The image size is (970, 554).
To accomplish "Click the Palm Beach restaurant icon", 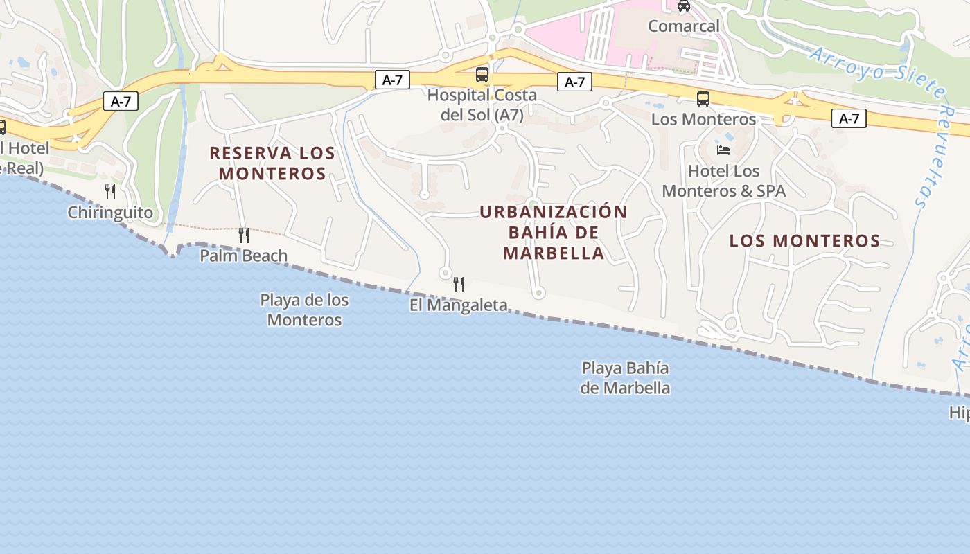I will tap(243, 235).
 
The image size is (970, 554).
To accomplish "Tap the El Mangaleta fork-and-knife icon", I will tap(458, 284).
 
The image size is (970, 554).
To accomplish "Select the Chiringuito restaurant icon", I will tap(110, 192).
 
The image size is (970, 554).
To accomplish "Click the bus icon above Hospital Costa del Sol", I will tap(482, 75).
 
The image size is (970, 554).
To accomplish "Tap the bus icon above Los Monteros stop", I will tap(703, 99).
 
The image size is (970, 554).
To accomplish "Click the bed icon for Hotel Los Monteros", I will tap(723, 150).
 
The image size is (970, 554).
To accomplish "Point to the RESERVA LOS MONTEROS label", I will tap(272, 163).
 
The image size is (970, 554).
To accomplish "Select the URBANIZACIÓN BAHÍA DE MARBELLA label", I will tap(554, 233).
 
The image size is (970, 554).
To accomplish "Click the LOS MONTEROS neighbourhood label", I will tap(804, 241).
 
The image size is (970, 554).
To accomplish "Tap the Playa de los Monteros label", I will tap(304, 310).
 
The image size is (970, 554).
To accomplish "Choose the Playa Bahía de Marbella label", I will tap(625, 377).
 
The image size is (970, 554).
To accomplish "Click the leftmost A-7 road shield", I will tap(121, 102).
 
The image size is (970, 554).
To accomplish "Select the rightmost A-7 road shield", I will tap(849, 118).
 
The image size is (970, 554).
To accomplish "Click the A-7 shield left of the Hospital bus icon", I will tap(392, 80).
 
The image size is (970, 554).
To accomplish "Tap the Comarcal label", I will tap(684, 26).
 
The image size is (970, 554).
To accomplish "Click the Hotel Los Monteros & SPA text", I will tap(724, 181).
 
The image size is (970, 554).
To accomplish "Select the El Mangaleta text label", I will tap(458, 305).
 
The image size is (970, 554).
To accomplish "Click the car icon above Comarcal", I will tap(684, 6).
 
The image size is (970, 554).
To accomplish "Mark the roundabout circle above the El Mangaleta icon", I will tap(446, 273).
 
